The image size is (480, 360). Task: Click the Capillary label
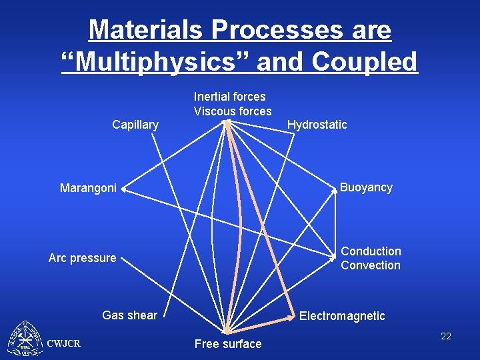135,125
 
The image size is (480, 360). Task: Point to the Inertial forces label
229,97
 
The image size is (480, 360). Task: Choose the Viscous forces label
233,111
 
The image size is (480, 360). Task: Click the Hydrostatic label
317,125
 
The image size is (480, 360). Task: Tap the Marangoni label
88,189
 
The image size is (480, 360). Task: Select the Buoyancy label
366,187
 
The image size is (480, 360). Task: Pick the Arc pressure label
82,258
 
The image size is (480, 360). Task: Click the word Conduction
371,251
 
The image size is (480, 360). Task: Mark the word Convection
371,265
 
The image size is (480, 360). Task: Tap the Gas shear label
129,315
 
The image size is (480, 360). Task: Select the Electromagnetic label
342,316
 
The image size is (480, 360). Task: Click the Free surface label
228,344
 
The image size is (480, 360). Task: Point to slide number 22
446,337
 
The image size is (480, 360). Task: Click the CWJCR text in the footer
64,343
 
